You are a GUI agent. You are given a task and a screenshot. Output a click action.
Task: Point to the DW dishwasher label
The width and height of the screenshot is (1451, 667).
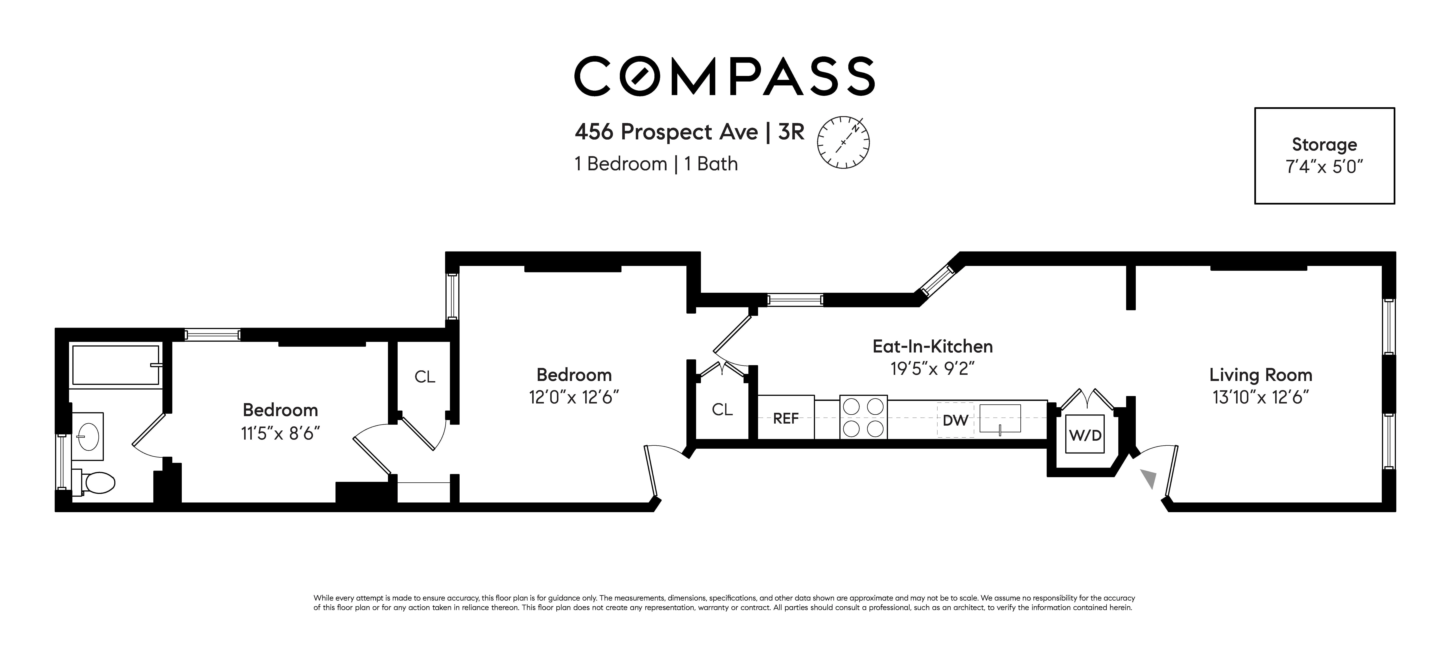955,420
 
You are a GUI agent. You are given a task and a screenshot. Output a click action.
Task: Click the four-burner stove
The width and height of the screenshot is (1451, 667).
863,417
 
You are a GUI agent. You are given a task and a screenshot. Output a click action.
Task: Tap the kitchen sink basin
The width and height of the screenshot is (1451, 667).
1000,419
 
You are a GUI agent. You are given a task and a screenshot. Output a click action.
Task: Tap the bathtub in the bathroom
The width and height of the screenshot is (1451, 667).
116,365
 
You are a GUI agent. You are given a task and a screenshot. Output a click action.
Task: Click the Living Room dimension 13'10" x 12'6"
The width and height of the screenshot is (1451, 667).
1260,398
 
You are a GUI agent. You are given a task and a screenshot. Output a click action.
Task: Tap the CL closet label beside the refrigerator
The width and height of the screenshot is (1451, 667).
722,410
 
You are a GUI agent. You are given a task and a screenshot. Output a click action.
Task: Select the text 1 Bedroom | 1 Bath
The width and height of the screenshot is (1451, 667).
656,164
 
